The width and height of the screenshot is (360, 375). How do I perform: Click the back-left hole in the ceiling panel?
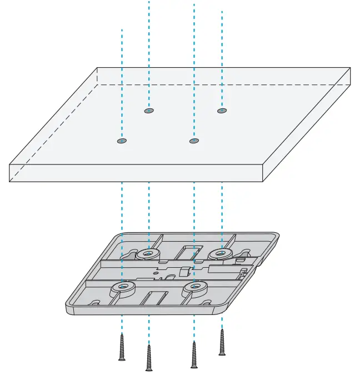(x=148, y=111)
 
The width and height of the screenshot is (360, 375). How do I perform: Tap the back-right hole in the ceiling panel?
(x=222, y=111)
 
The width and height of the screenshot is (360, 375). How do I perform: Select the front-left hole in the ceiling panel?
(x=122, y=141)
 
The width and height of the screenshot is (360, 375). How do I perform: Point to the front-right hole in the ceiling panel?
(x=193, y=141)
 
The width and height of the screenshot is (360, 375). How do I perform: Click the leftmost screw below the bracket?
(x=122, y=347)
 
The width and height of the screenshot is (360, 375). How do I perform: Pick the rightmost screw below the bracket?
(x=222, y=342)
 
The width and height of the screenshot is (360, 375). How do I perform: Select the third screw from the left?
(x=193, y=354)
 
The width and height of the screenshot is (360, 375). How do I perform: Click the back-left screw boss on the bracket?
(x=147, y=254)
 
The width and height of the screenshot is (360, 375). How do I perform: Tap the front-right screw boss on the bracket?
(x=194, y=287)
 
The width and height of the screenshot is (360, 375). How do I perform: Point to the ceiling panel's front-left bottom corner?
(x=10, y=182)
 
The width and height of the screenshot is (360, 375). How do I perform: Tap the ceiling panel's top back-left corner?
(x=98, y=68)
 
